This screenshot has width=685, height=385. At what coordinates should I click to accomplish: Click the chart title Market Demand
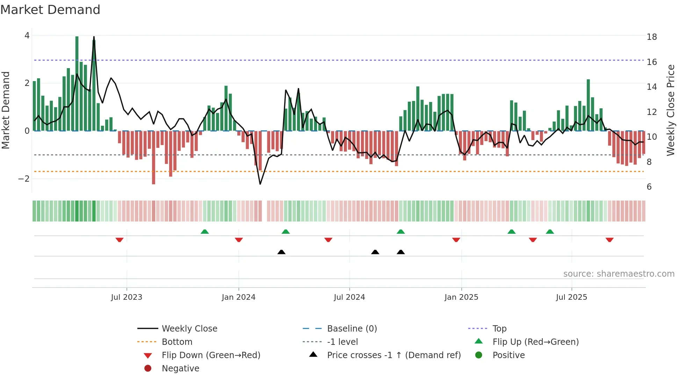(50, 10)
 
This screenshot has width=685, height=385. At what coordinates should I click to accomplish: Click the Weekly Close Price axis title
(670, 110)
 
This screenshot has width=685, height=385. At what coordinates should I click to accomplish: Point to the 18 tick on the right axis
(651, 37)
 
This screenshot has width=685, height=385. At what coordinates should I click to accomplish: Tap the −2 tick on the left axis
(24, 179)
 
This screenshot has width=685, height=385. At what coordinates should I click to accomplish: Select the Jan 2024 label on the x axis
(238, 297)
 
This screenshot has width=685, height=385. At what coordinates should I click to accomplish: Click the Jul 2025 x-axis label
(571, 297)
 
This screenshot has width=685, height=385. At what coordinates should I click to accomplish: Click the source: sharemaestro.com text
(619, 274)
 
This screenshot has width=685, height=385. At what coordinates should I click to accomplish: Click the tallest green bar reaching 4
(77, 84)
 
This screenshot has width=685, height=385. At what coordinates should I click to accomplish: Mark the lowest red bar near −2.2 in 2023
(153, 157)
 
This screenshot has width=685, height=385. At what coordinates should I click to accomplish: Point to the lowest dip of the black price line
(260, 184)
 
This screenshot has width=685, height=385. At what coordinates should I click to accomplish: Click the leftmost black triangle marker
(281, 252)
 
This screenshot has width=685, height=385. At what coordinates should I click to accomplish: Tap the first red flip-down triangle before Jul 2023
(120, 240)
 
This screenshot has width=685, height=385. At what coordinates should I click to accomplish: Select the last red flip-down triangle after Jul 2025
(610, 240)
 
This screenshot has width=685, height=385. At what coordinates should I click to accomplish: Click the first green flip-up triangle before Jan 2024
(205, 232)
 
